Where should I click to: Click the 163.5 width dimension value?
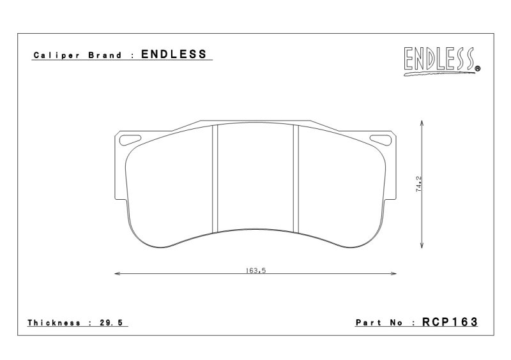(256, 271)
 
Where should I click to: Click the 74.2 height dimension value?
(419, 184)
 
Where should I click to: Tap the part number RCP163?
(450, 322)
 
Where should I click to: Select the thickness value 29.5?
(111, 323)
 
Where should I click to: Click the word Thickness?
(54, 323)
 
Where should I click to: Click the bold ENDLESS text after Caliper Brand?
(174, 54)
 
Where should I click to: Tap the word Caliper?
(56, 56)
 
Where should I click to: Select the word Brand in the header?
(105, 55)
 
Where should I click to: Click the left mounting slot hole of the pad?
(130, 140)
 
